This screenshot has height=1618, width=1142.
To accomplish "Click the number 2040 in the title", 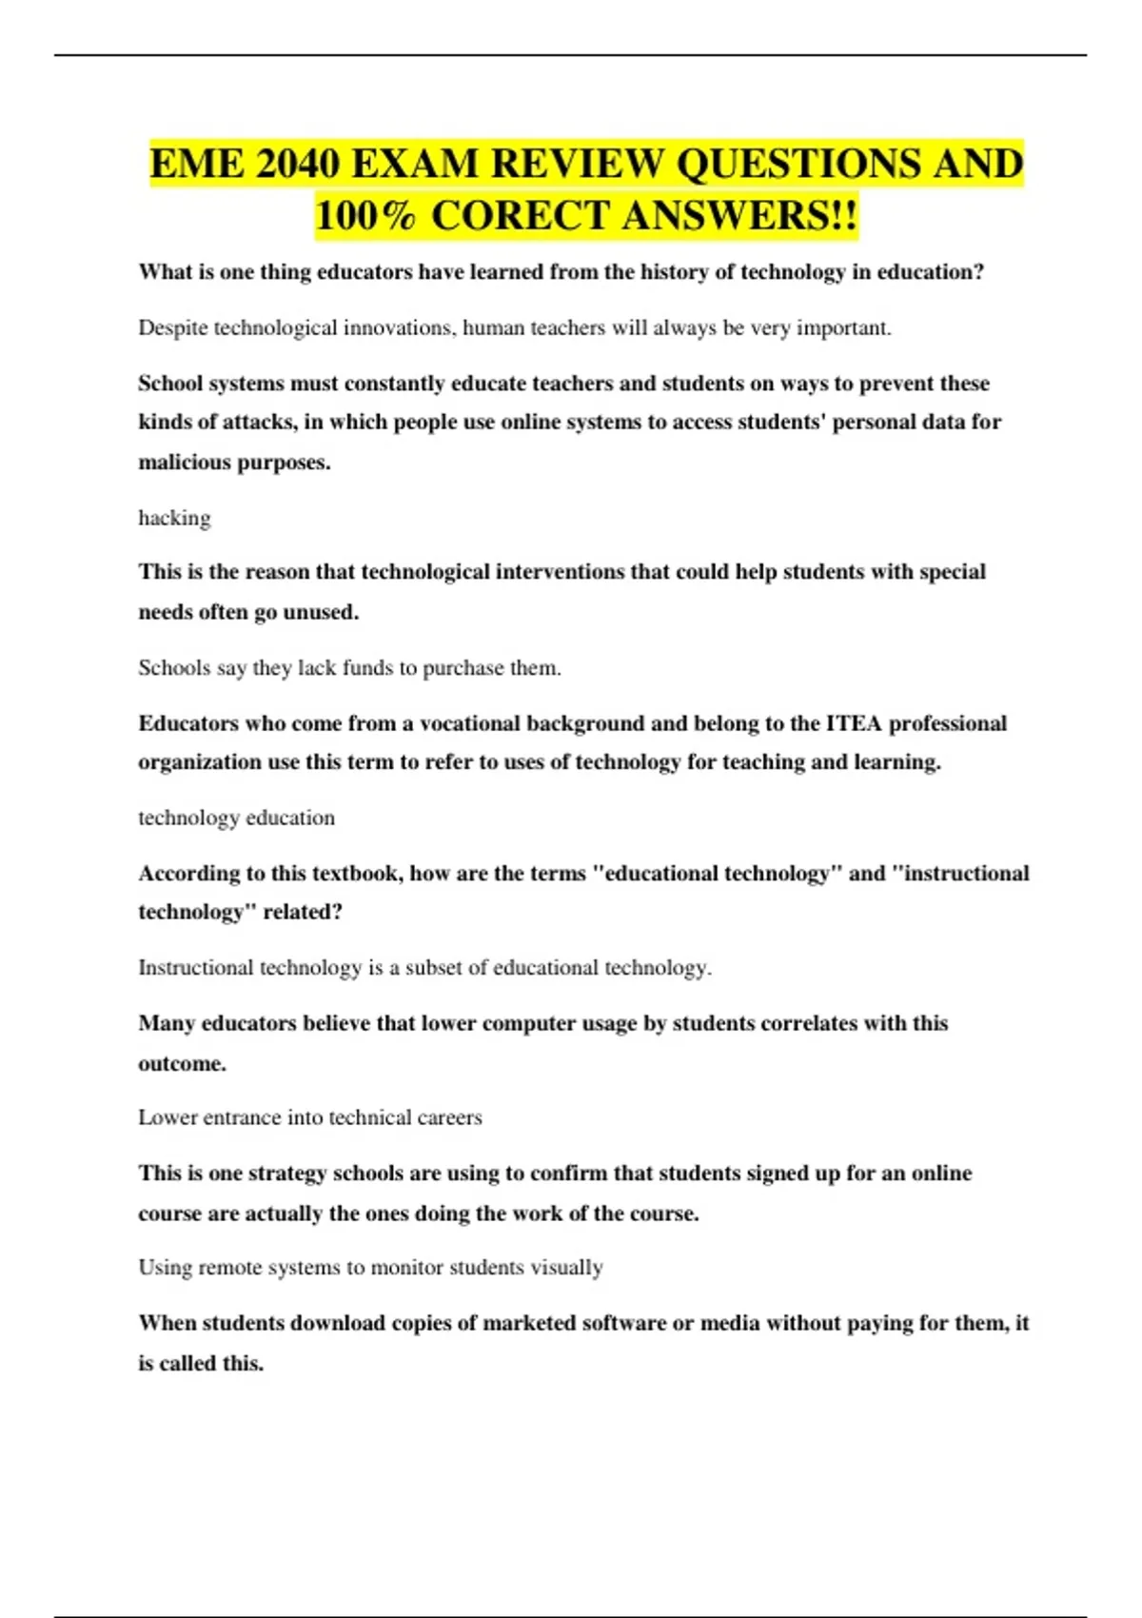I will tap(298, 165).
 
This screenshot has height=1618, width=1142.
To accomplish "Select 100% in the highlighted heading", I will tap(365, 216).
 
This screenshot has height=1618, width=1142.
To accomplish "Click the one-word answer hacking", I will tap(174, 518).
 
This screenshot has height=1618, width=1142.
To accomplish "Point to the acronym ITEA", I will tap(854, 723).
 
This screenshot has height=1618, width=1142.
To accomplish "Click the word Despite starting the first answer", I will tap(172, 328).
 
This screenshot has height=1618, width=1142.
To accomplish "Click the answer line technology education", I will tap(236, 818).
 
